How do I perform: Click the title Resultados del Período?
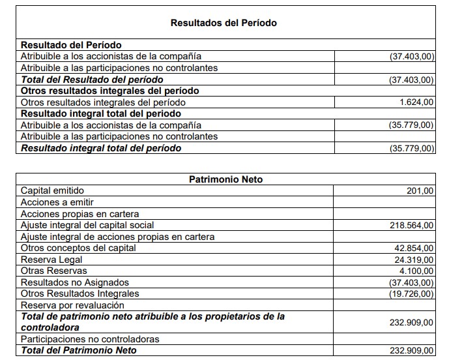pyautogui.click(x=224, y=23)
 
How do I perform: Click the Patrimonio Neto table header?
pyautogui.click(x=225, y=179)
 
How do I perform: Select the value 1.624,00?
pyautogui.click(x=416, y=102)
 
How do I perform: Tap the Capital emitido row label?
pyautogui.click(x=52, y=191)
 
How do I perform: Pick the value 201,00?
pyautogui.click(x=420, y=191)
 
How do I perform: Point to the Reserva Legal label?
pyautogui.click(x=51, y=260)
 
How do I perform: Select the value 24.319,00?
pyautogui.click(x=413, y=260)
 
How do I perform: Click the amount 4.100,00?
pyautogui.click(x=415, y=271)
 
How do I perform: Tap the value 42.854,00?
pyautogui.click(x=413, y=248)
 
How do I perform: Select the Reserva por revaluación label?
pyautogui.click(x=72, y=305)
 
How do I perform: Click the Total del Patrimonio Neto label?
pyautogui.click(x=79, y=351)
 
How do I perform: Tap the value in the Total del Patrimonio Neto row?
pyautogui.click(x=411, y=351)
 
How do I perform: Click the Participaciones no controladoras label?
pyautogui.click(x=90, y=339)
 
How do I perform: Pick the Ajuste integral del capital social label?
pyautogui.click(x=87, y=226)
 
